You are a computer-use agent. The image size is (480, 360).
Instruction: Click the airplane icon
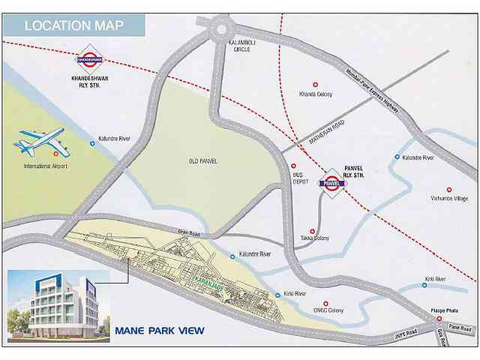click(x=40, y=141)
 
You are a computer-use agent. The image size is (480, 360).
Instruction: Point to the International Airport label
click(x=46, y=164)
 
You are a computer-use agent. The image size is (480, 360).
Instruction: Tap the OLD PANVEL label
click(x=204, y=160)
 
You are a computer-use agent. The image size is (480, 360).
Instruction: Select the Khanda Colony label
click(x=315, y=94)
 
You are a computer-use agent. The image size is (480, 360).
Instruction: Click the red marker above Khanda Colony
click(x=315, y=84)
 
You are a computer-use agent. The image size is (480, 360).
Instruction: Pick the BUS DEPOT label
click(x=301, y=178)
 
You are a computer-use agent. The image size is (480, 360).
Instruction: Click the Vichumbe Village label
click(x=449, y=200)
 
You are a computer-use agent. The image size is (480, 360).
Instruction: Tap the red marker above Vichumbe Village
click(x=449, y=190)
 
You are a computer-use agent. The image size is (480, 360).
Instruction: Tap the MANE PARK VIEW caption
click(x=159, y=330)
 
